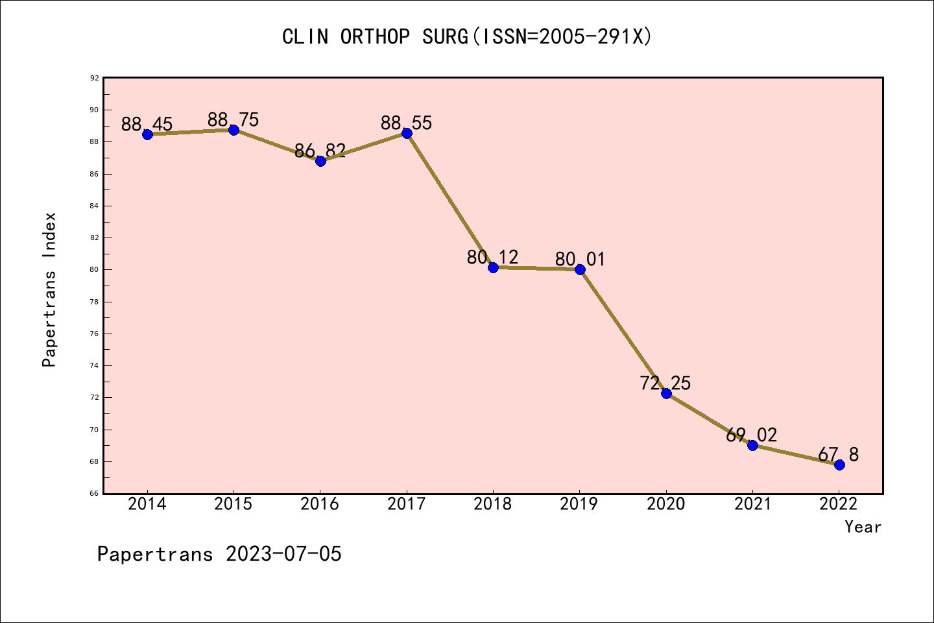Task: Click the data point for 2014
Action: coord(147,134)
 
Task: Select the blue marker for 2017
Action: coord(407,133)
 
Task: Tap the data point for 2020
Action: coord(666,393)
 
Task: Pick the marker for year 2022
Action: coord(839,465)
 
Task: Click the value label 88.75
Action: coord(233,120)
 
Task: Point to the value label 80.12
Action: coord(493,258)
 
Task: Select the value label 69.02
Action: coord(752,435)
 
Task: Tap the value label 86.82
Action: coord(320,151)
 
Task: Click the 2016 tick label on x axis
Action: coord(320,504)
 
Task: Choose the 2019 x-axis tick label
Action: coord(579,504)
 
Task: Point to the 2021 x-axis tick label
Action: coord(752,504)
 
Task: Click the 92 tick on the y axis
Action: coord(95,79)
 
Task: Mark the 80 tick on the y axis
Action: coord(95,270)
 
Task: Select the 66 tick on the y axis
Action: coord(95,494)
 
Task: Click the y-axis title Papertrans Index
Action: coord(50,289)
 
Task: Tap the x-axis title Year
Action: coord(863,527)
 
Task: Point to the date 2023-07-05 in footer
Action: coord(283,554)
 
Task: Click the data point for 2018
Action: coord(493,267)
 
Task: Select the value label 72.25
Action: coord(665,384)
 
